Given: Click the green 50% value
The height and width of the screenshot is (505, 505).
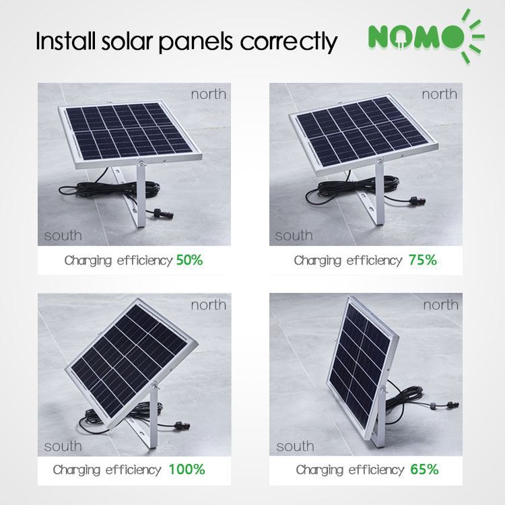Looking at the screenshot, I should click(189, 260).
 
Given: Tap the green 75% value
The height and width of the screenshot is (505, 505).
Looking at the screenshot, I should click(423, 260).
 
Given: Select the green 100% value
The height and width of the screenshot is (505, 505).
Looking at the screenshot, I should click(188, 469).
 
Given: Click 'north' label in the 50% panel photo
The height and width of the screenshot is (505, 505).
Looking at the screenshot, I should click(208, 94).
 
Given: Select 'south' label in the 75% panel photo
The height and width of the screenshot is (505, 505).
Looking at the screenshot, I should click(294, 236).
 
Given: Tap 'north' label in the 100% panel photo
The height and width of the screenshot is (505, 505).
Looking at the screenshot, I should click(208, 305).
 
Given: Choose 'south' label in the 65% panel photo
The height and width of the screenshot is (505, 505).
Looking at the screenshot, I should click(295, 446).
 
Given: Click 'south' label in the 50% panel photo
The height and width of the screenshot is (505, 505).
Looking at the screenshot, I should click(63, 236).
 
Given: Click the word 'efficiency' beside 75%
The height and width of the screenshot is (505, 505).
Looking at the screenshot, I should click(374, 261).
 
